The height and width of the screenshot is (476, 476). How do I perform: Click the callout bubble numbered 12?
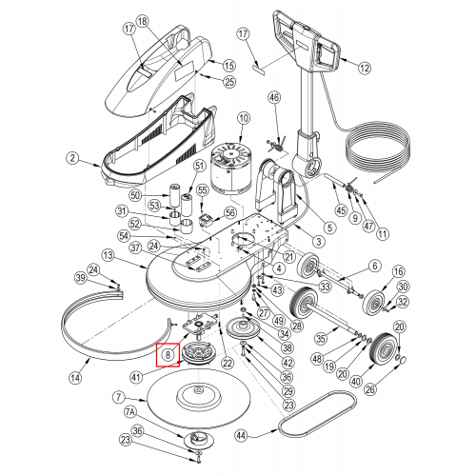pos(365,68)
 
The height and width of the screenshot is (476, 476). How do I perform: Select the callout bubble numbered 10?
pos(244,119)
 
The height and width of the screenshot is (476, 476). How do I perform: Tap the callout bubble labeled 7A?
pos(129,412)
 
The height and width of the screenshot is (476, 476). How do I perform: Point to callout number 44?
pos(242,435)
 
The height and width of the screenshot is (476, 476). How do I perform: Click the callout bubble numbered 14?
pos(75,378)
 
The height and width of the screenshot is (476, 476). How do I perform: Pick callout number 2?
pos(73,158)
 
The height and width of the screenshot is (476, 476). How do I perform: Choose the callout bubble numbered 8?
pos(168,355)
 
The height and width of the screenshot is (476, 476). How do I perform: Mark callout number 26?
pos(370,389)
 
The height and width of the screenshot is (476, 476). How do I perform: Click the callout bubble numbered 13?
pos(109,255)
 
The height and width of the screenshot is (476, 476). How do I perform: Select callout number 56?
pos(230,213)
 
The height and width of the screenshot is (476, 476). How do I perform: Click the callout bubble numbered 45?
pos(342,210)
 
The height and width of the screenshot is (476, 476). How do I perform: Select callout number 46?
pos(275,97)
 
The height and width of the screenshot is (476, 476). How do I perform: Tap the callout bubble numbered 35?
pos(321,339)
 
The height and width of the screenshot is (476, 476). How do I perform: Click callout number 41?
pos(136,377)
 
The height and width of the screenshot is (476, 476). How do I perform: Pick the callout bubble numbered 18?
pos(143,22)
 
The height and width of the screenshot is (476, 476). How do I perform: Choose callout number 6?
pos(375,266)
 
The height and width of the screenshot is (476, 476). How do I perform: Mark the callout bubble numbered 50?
pos(135,195)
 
